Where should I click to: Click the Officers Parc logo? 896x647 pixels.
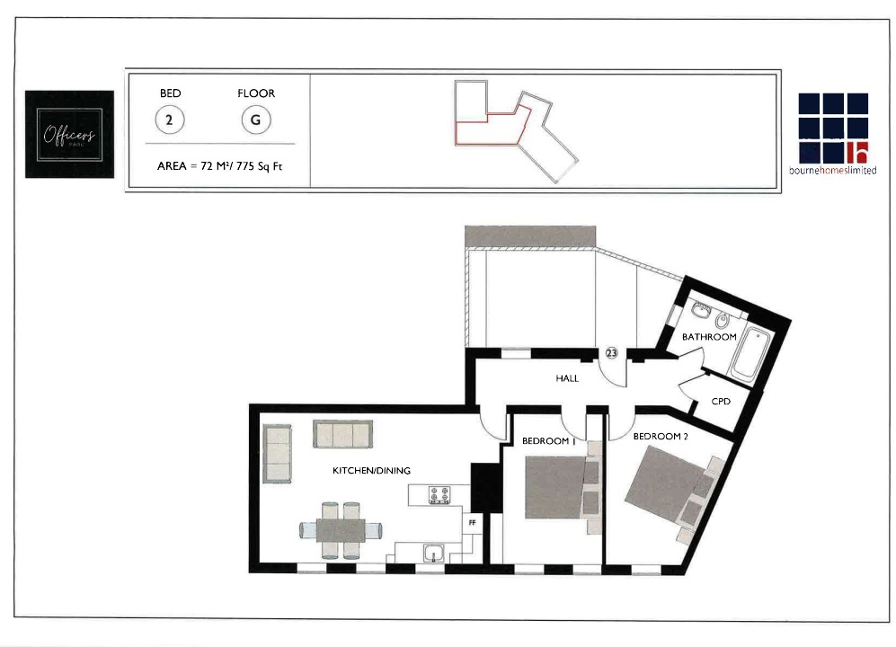70,134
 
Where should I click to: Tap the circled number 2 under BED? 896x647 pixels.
170,120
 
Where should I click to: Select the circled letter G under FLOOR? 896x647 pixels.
256,120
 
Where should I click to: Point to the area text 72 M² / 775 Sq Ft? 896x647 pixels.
220,166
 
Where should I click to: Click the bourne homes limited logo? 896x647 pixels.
833,134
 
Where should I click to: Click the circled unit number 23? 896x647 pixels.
611,353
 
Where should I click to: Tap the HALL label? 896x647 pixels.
567,378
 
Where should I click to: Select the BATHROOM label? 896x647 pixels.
709,337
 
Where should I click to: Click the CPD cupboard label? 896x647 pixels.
721,402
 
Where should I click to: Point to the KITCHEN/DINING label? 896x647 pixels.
371,471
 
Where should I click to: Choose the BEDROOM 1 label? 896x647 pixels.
548,441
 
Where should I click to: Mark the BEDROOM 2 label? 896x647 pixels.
661,437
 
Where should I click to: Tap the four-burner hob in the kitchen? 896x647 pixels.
439,495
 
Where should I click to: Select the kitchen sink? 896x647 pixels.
434,553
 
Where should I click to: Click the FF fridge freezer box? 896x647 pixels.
472,523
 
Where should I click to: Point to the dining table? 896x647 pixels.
342,530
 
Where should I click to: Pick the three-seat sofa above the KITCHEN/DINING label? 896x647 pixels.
343,434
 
